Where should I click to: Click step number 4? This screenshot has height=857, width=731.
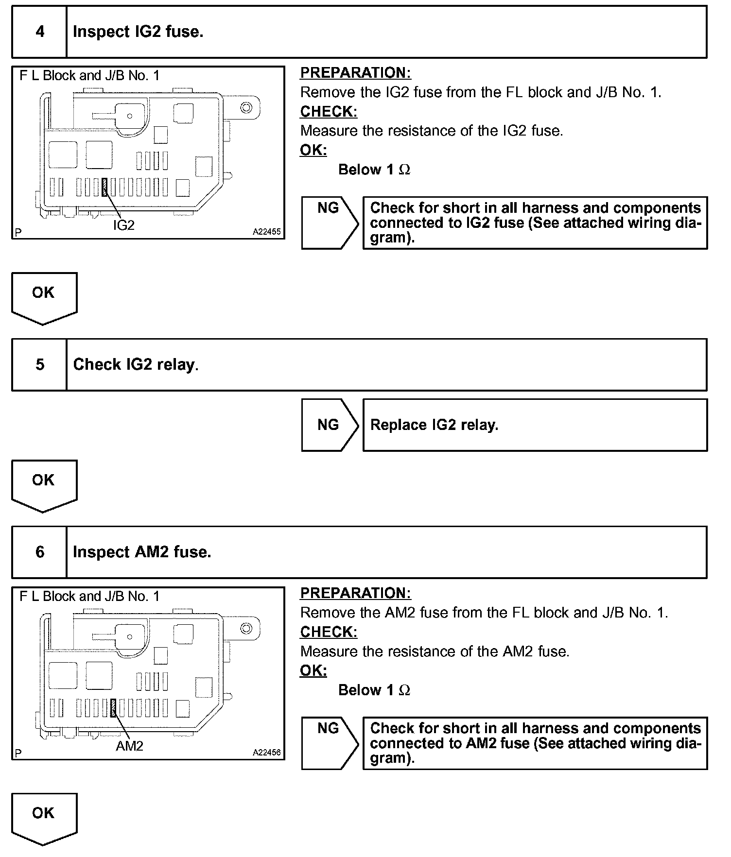click(40, 32)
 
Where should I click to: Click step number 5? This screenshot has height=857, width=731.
click(40, 365)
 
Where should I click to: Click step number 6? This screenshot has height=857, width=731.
click(40, 552)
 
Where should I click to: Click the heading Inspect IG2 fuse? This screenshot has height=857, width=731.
click(138, 32)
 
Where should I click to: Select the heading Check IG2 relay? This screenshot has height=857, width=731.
click(136, 365)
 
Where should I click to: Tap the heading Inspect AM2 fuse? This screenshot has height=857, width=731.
click(142, 552)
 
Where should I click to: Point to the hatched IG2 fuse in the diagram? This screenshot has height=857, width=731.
click(104, 187)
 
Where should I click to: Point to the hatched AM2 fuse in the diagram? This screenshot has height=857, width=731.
click(113, 708)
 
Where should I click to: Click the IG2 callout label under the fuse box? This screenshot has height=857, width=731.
click(123, 225)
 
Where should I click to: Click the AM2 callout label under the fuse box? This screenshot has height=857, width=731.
click(129, 746)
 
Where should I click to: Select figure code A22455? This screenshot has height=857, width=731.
click(266, 232)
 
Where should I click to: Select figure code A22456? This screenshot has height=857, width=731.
click(266, 753)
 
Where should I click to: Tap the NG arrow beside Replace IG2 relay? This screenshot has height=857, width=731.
click(329, 425)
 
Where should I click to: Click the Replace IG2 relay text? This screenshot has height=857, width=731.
click(434, 425)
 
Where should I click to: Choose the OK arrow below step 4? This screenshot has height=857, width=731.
click(44, 296)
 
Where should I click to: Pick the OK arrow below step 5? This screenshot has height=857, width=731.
click(44, 484)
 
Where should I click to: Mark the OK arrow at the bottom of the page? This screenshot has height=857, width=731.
click(44, 817)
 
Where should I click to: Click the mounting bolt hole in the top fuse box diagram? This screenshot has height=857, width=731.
click(246, 108)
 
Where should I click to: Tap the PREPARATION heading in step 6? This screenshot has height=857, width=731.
click(355, 593)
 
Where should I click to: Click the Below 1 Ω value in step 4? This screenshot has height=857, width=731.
click(374, 170)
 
